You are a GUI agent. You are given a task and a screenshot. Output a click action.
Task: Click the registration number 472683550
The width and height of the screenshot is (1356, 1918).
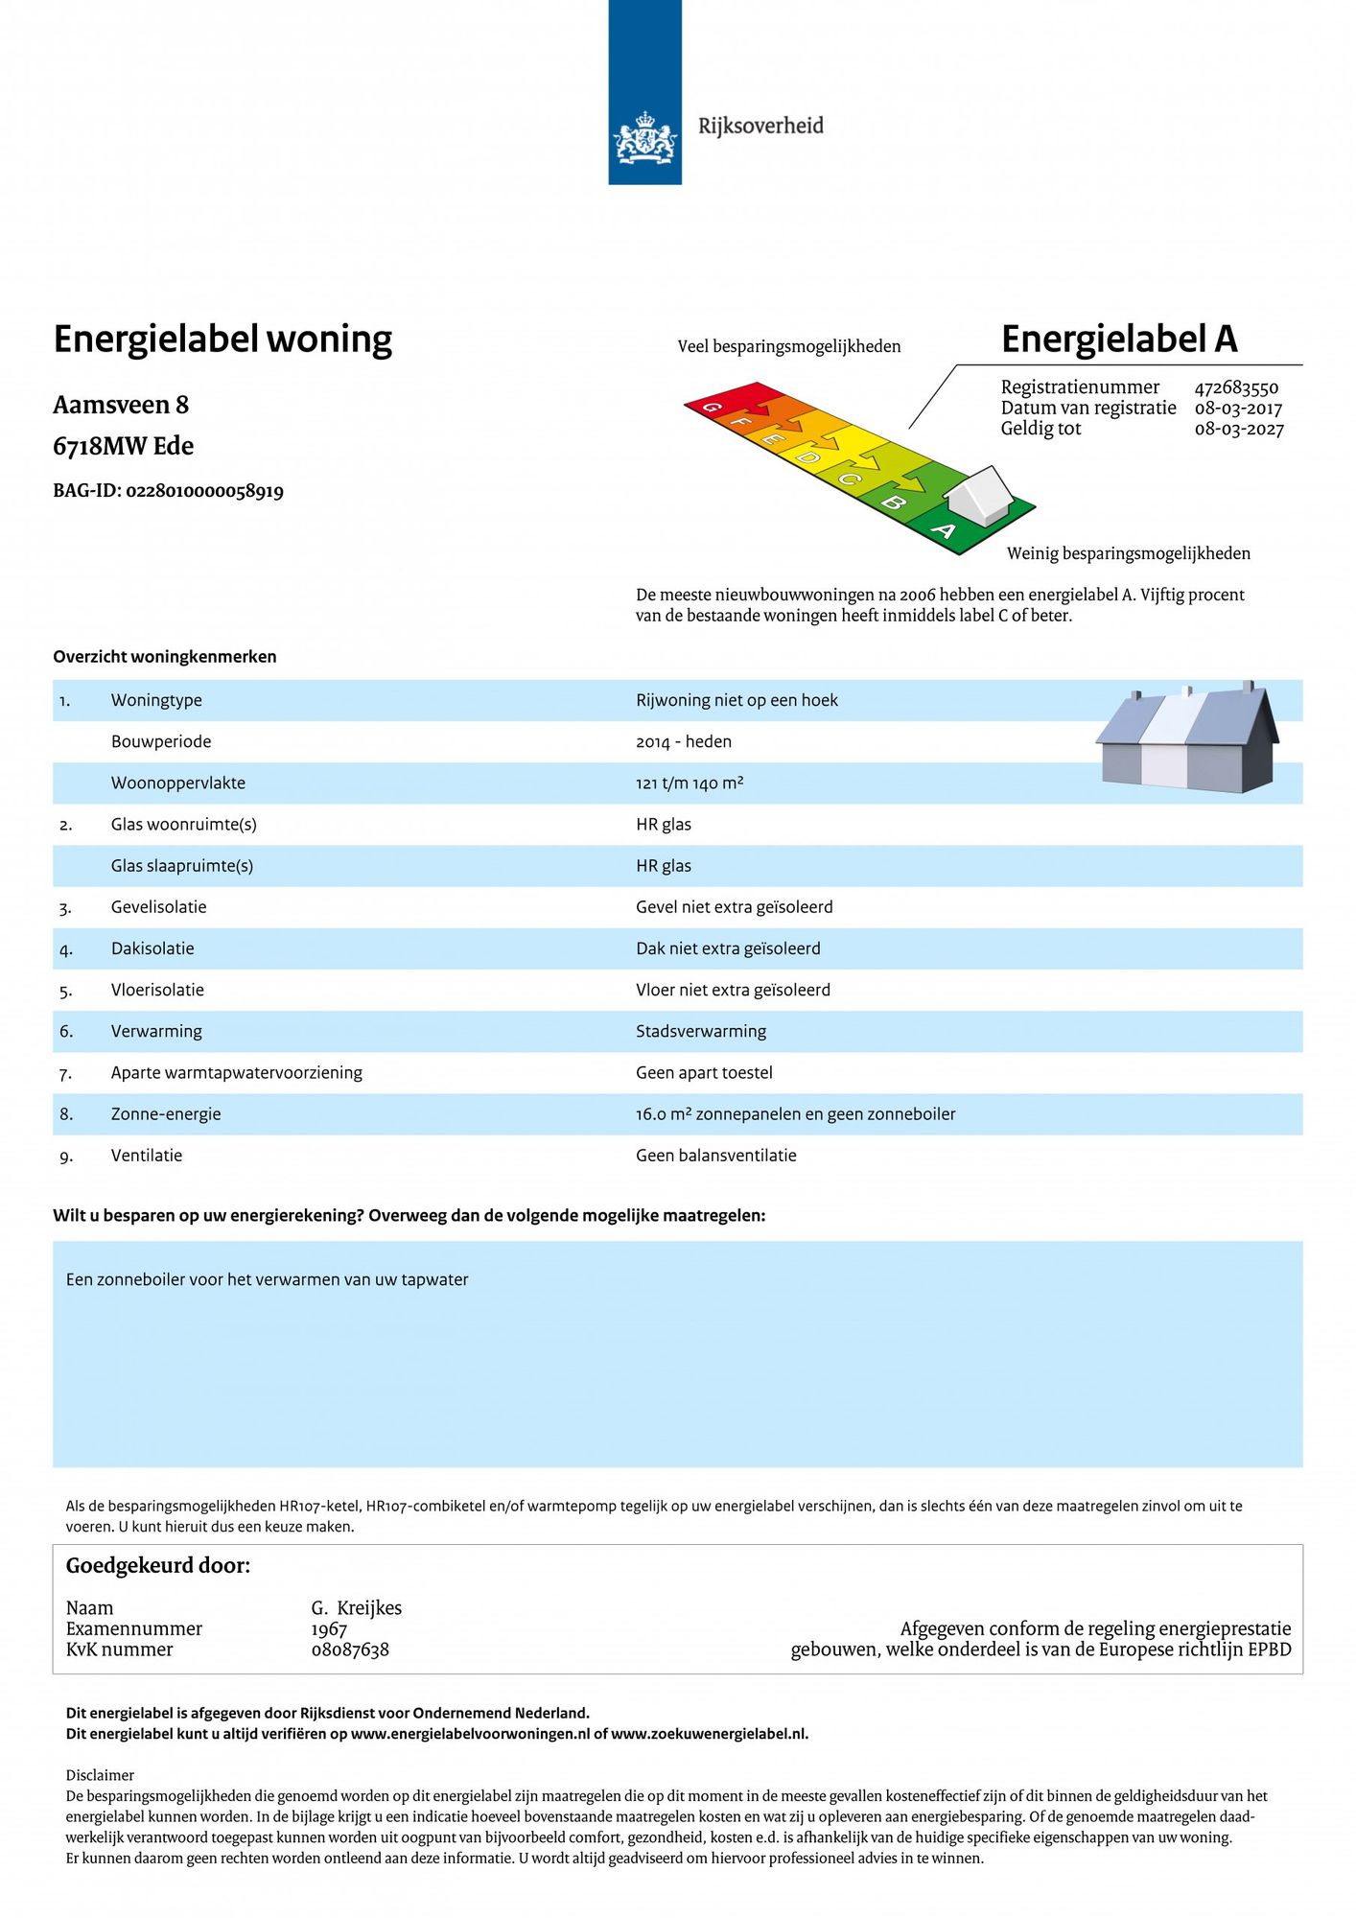coord(1236,387)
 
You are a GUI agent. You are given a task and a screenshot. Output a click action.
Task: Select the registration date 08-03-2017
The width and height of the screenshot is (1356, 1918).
coord(1238,409)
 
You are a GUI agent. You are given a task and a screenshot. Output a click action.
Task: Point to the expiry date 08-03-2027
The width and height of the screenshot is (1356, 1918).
coord(1238,430)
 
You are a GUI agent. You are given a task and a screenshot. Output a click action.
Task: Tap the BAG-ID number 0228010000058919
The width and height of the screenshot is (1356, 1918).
coord(204,491)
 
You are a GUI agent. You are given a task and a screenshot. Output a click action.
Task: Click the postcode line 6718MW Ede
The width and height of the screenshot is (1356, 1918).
coord(123,446)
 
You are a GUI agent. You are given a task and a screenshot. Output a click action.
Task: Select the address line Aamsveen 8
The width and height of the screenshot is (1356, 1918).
coord(121,405)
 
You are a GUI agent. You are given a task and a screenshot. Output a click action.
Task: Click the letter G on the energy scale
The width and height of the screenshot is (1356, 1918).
coord(712,408)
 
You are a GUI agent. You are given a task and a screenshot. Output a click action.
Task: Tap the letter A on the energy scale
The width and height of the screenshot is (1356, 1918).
coord(944,530)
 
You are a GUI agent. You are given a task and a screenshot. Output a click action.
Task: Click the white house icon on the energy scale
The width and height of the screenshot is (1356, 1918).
coord(978,495)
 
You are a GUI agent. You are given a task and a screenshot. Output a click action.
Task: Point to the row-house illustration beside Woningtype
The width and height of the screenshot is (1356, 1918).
coord(1187,738)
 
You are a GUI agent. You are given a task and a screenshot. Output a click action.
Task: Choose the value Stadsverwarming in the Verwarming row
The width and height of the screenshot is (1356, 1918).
coord(701,1031)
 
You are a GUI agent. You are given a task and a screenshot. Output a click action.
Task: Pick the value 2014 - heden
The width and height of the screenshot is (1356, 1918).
coord(683,741)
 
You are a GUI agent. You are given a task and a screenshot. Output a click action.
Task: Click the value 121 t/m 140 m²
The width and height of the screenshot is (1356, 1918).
coord(690,783)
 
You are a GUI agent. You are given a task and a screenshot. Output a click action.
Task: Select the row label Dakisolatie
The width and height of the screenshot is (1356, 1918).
coord(152,948)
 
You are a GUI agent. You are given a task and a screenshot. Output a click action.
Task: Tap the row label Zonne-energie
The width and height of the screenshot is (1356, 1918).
coord(166,1113)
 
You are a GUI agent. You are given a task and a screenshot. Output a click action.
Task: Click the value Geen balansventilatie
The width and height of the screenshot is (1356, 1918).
coord(715,1156)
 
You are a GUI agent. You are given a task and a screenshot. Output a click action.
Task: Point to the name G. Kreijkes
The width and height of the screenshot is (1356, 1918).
coord(356,1608)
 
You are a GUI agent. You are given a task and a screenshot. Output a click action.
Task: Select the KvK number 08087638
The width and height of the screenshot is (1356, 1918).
coord(350,1650)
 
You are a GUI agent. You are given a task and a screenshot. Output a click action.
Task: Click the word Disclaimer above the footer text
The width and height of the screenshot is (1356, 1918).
coord(100,1775)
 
